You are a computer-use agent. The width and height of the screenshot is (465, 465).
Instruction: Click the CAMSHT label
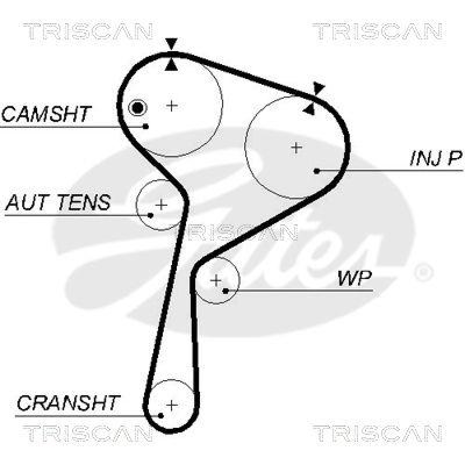coord(46,113)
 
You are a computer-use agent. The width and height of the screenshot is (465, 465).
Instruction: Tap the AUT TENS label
coord(58,203)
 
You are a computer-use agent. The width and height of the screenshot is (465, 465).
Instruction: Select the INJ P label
coord(435,158)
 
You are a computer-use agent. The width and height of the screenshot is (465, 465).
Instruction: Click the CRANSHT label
coord(68,402)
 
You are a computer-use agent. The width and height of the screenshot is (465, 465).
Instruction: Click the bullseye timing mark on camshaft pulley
coord(137,107)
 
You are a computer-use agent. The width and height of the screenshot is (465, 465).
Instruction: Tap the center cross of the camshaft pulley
coord(171,105)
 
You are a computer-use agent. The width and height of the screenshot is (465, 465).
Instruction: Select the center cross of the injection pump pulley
coord(296,147)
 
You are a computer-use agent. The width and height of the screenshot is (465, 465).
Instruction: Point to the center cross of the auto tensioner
coord(161,205)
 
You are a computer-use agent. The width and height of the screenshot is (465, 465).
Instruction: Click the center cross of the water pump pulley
coord(216,281)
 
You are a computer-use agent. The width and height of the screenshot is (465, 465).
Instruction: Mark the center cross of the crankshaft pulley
coord(171,404)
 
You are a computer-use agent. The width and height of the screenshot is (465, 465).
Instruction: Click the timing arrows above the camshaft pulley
coord(170,53)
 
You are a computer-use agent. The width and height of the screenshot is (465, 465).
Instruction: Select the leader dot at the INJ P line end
coord(316,171)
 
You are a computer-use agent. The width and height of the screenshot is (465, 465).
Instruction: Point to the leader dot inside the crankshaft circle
coord(160,415)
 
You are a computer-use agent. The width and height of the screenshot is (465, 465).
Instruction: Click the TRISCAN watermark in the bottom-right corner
coord(377,432)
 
